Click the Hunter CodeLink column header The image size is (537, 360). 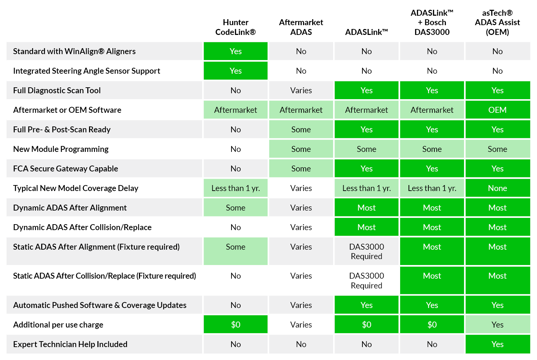pos(235,27)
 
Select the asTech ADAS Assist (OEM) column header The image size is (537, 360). pos(497,23)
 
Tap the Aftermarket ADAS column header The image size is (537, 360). pos(301,27)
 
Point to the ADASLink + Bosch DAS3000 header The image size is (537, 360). pos(432,23)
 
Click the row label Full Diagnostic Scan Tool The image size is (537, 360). pos(57,90)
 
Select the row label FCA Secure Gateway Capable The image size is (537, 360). pos(66,169)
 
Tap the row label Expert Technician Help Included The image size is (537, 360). pos(70,344)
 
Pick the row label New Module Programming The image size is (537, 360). pos(61,149)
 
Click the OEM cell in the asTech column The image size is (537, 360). pos(497,110)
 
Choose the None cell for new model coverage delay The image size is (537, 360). pos(497,188)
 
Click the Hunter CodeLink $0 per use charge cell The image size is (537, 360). pos(235,325)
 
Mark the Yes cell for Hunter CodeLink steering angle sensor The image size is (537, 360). pos(235,71)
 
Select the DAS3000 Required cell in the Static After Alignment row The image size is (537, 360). pos(366,251)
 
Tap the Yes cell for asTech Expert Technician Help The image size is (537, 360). pos(497,344)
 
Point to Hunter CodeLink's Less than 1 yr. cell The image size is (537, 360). pos(235,188)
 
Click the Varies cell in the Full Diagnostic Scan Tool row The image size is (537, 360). pos(301,90)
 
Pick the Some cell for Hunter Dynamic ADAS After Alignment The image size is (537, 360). pos(235,208)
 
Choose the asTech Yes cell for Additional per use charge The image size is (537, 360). pos(497,325)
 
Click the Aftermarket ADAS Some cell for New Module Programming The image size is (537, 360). pos(301,149)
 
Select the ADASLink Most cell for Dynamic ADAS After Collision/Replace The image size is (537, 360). pos(366,227)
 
